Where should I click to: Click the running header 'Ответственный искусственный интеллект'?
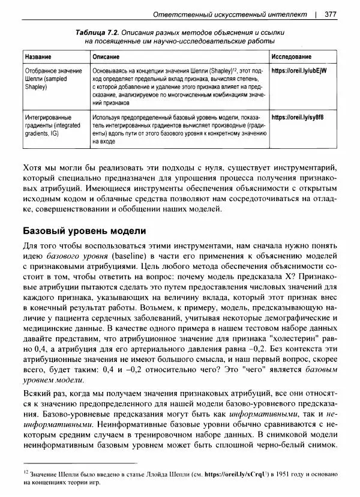(230, 14)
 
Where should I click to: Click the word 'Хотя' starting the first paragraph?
(32, 169)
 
